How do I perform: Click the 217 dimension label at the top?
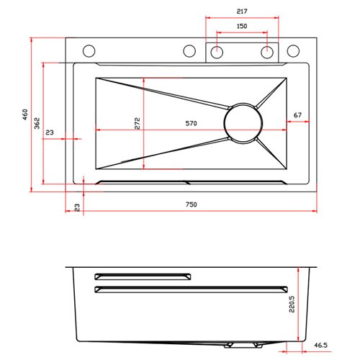242,12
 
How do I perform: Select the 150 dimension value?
242,26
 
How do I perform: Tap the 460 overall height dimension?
25,114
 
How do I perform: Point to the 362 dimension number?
37,123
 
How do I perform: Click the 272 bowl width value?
137,123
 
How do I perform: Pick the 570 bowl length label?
191,123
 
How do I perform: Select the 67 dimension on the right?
297,115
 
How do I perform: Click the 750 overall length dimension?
191,204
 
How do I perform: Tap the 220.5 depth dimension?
292,304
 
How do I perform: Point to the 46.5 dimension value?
320,345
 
